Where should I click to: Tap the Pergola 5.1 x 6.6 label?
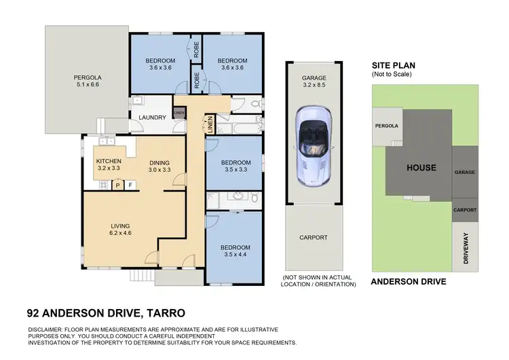pyautogui.click(x=87, y=82)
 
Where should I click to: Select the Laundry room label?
pyautogui.click(x=152, y=118)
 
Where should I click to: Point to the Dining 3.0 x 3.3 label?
pyautogui.click(x=160, y=164)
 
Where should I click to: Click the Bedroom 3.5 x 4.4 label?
pyautogui.click(x=236, y=251)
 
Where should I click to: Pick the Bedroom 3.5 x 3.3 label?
pyautogui.click(x=237, y=166)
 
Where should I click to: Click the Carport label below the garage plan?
pyautogui.click(x=314, y=237)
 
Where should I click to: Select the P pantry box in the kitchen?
pyautogui.click(x=117, y=185)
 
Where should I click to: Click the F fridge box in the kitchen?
pyautogui.click(x=130, y=185)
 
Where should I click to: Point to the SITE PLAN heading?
pyautogui.click(x=394, y=65)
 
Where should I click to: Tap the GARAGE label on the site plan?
pyautogui.click(x=465, y=172)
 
